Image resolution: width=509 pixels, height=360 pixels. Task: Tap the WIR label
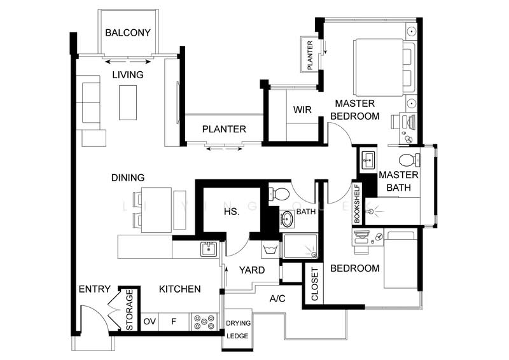[x=302, y=110]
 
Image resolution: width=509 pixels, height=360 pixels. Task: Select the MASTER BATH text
[x=398, y=181]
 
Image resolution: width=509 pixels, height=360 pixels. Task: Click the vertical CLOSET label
[x=314, y=284]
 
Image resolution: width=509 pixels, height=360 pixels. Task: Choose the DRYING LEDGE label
[x=239, y=328]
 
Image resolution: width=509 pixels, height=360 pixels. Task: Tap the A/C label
[x=277, y=298]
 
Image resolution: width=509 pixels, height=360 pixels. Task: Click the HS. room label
[x=232, y=212]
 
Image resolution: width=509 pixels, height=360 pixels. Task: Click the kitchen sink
[x=209, y=249]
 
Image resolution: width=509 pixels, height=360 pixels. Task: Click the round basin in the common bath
[x=288, y=219]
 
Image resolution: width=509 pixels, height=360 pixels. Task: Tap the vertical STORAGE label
[x=130, y=310]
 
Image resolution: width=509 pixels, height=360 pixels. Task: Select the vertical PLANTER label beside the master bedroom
[x=310, y=55]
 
